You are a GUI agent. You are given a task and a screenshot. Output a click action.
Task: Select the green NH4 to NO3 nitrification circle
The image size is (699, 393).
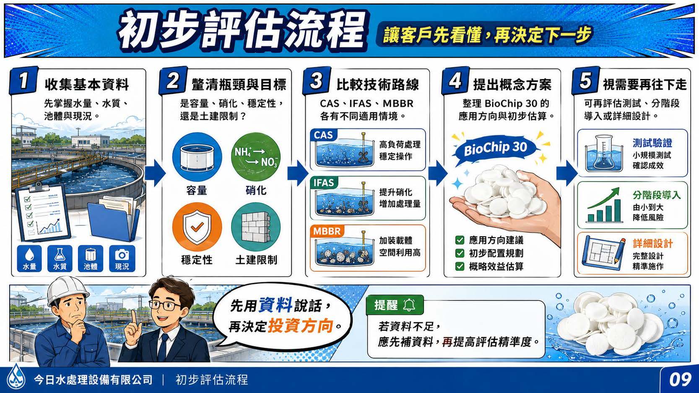(255, 157)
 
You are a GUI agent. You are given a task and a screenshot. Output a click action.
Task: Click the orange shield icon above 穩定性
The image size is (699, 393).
(197, 227)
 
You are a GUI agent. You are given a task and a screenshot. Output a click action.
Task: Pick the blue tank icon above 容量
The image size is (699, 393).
(197, 157)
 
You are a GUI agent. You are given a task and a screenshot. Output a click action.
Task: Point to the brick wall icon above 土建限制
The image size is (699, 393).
(255, 227)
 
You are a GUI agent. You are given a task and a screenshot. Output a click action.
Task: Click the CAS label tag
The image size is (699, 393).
(323, 135)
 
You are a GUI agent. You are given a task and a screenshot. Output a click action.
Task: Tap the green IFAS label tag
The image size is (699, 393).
(324, 183)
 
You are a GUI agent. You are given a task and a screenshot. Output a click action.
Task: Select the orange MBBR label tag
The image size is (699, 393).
(327, 231)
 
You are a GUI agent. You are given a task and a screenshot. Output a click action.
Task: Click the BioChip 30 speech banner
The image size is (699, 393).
(496, 148)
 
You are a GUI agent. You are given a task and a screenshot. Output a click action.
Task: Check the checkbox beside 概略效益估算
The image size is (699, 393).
(460, 266)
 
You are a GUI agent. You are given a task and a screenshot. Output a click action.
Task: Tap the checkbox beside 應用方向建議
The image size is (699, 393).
(460, 240)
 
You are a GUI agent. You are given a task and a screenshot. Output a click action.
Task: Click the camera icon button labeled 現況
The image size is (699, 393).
(122, 258)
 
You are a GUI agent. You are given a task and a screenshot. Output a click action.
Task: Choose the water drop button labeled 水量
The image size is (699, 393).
(29, 258)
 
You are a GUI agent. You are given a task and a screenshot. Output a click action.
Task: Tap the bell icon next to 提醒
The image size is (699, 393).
(409, 305)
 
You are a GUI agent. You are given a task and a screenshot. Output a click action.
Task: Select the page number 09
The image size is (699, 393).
(680, 380)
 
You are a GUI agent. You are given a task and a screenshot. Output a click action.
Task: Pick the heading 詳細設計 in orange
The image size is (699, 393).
(653, 243)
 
